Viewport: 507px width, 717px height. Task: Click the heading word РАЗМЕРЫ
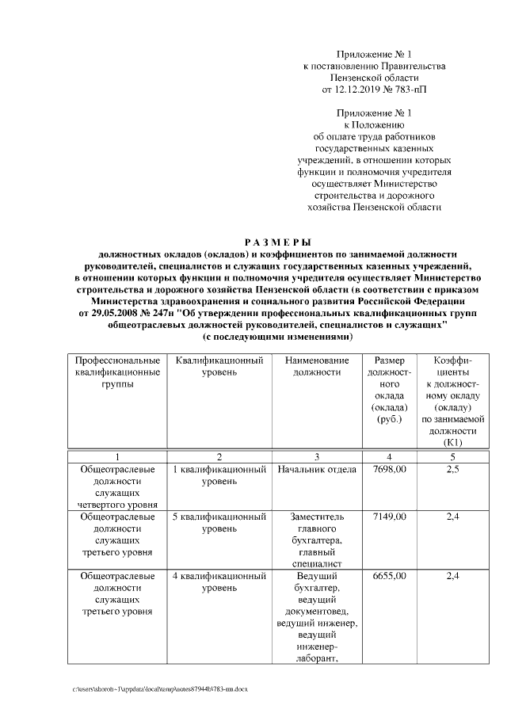click(x=276, y=241)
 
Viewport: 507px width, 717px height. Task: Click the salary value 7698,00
click(x=389, y=470)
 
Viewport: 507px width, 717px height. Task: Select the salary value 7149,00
click(x=389, y=517)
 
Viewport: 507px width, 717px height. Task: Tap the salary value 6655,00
click(x=389, y=575)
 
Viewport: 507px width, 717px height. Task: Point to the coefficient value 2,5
click(x=453, y=470)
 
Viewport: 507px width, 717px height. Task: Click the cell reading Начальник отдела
click(x=316, y=470)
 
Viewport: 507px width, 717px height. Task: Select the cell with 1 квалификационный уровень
click(x=219, y=475)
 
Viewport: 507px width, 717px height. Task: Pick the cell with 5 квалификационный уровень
click(x=219, y=522)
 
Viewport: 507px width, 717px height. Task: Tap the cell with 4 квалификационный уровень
click(x=219, y=581)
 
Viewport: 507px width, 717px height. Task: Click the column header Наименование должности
click(x=316, y=366)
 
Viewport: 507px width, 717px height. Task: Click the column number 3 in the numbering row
click(x=316, y=457)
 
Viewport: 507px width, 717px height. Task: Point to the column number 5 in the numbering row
click(x=453, y=457)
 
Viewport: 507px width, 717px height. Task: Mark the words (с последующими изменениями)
click(x=276, y=337)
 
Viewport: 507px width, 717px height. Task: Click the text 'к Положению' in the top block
click(x=374, y=125)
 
